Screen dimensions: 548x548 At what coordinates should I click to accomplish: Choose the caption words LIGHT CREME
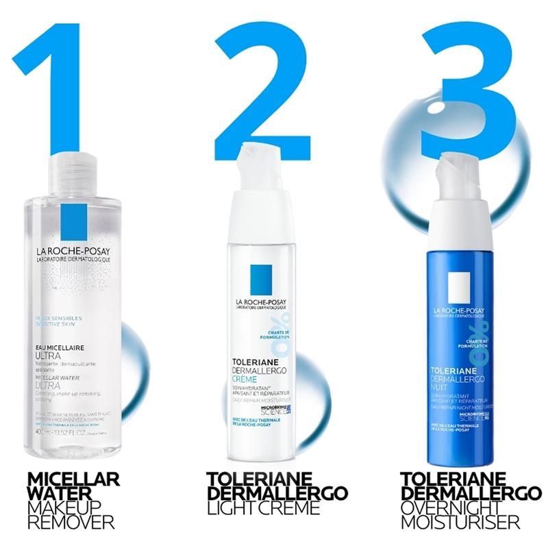[x=264, y=508]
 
